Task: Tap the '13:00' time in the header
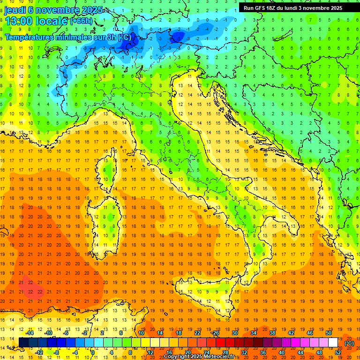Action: (20, 21)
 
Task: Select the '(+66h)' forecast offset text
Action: (81, 21)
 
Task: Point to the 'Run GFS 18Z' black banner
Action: (292, 7)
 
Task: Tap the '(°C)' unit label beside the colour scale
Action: (349, 343)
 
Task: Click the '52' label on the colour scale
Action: (338, 352)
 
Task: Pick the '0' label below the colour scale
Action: (93, 352)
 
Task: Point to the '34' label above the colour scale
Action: (253, 333)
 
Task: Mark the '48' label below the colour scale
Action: (319, 352)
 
